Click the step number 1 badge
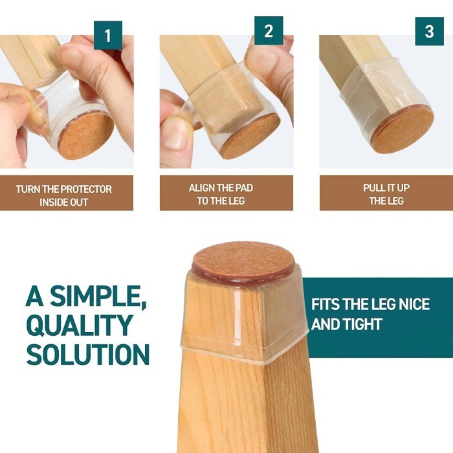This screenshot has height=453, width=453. [x=108, y=36]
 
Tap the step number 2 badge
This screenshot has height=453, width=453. [x=269, y=31]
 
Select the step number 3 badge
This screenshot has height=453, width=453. [x=429, y=31]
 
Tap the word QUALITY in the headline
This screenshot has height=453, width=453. [x=80, y=326]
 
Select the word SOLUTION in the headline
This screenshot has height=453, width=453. [x=87, y=355]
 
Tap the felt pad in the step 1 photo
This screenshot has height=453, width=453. [x=85, y=135]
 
